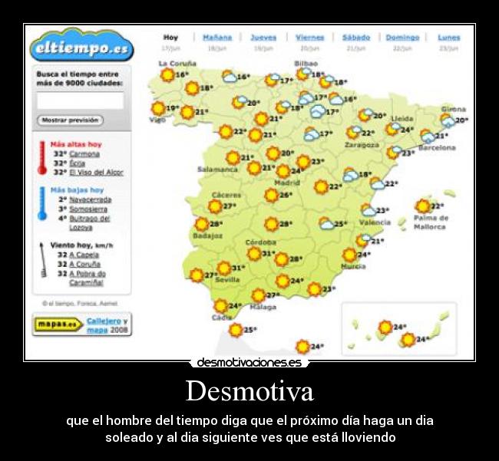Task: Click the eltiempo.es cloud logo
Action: (x=81, y=48)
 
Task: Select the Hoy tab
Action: (x=170, y=37)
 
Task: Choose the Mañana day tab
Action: (x=217, y=37)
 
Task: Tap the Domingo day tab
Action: (x=402, y=37)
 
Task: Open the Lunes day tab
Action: (x=448, y=37)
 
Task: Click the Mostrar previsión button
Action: (x=70, y=120)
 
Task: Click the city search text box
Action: (x=80, y=100)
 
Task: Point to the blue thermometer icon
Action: (x=42, y=203)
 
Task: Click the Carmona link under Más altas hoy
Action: (x=84, y=153)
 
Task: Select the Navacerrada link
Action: (x=90, y=199)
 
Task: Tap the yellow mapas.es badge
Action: (x=58, y=324)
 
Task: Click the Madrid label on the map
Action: (x=287, y=183)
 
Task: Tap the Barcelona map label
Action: (x=436, y=147)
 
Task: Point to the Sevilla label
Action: (x=227, y=281)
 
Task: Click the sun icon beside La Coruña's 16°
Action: (x=167, y=75)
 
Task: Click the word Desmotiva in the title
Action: (x=249, y=391)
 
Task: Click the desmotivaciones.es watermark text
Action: (x=249, y=362)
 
